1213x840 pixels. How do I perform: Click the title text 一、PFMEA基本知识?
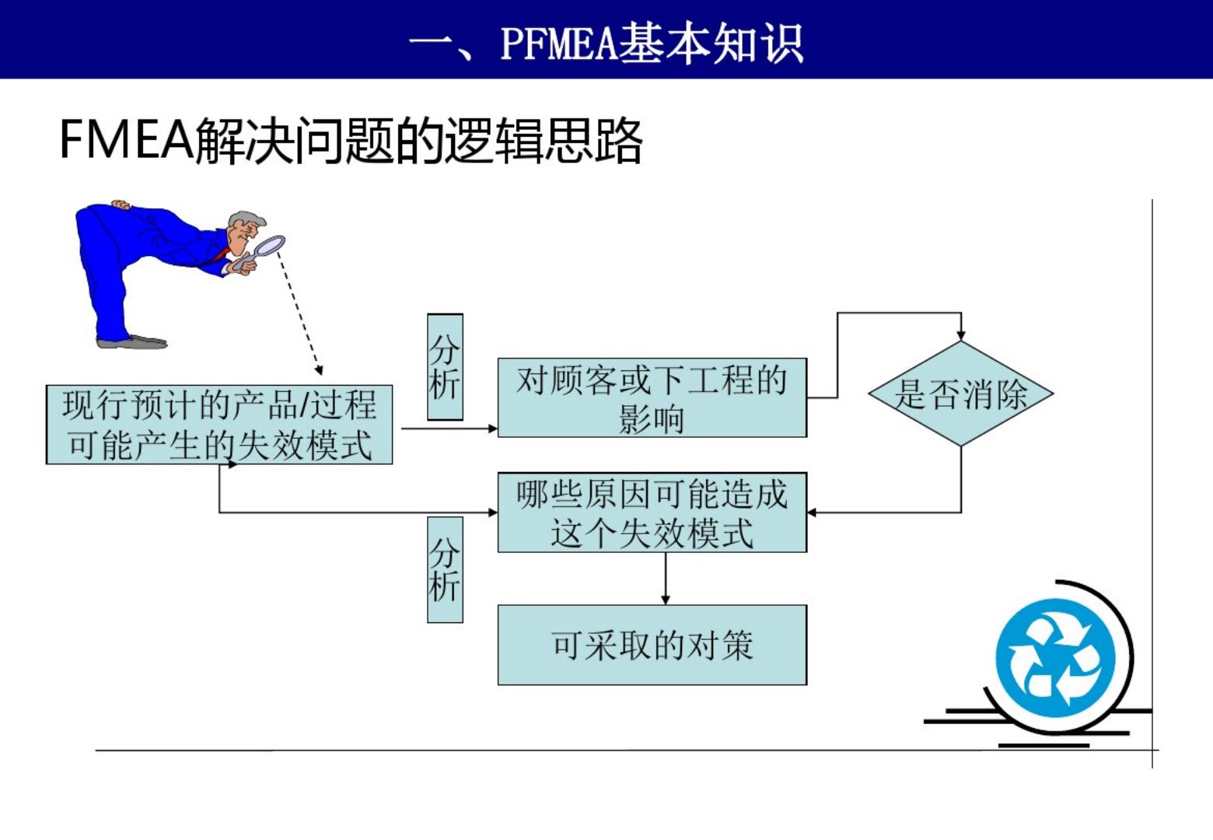pos(606,42)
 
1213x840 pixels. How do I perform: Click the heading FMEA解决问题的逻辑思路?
pos(351,142)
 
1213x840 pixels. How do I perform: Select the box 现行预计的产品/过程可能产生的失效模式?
pos(219,425)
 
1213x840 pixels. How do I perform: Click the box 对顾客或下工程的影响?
pos(652,397)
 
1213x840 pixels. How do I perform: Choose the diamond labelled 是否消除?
pos(960,394)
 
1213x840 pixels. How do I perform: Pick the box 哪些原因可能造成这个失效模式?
pos(652,513)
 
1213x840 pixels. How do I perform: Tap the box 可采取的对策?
pos(652,645)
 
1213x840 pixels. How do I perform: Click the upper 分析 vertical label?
pos(445,367)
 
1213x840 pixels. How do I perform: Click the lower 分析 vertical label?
pos(445,569)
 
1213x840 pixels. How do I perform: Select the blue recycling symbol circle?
pos(1055,657)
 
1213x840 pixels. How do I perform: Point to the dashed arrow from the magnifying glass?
pos(299,311)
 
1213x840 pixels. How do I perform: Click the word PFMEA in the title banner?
pos(558,42)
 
